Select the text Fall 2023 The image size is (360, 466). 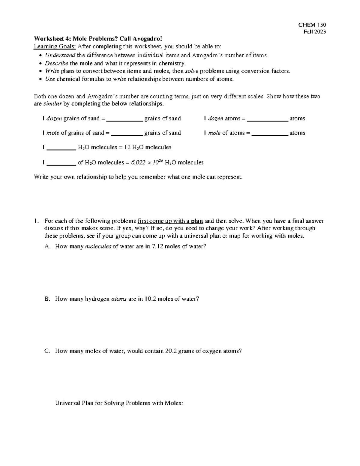(315, 32)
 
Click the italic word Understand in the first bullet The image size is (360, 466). (60, 55)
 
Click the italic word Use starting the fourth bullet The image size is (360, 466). (50, 79)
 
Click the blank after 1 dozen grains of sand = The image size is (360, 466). (124, 119)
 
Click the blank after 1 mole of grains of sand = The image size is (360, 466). (127, 134)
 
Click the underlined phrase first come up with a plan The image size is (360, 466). (170, 221)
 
